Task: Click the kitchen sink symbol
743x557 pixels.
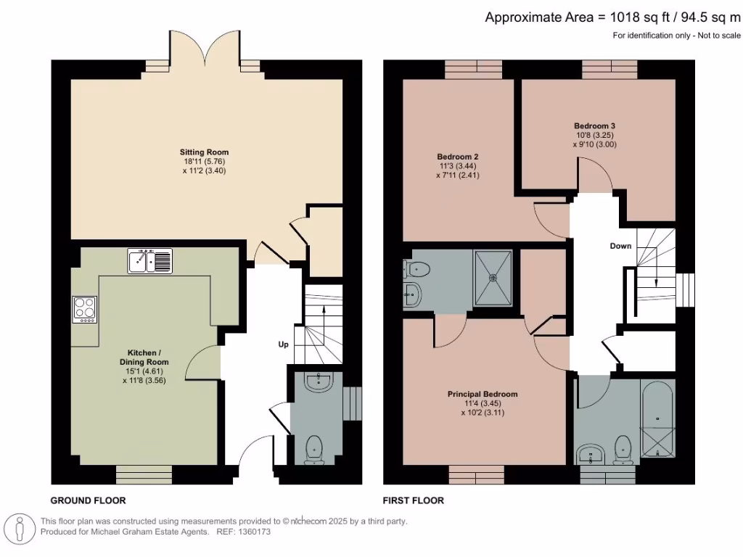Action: click(x=150, y=261)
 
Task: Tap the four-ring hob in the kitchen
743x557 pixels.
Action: click(x=84, y=310)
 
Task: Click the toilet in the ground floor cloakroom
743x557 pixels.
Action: click(x=314, y=448)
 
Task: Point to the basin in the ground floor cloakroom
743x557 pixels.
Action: click(x=317, y=381)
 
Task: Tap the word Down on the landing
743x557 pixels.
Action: click(x=620, y=246)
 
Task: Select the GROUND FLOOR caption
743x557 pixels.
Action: click(x=88, y=500)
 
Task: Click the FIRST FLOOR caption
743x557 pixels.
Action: click(x=413, y=500)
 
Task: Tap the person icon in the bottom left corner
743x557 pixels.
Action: click(x=20, y=527)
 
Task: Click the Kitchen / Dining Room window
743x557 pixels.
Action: click(x=144, y=474)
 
